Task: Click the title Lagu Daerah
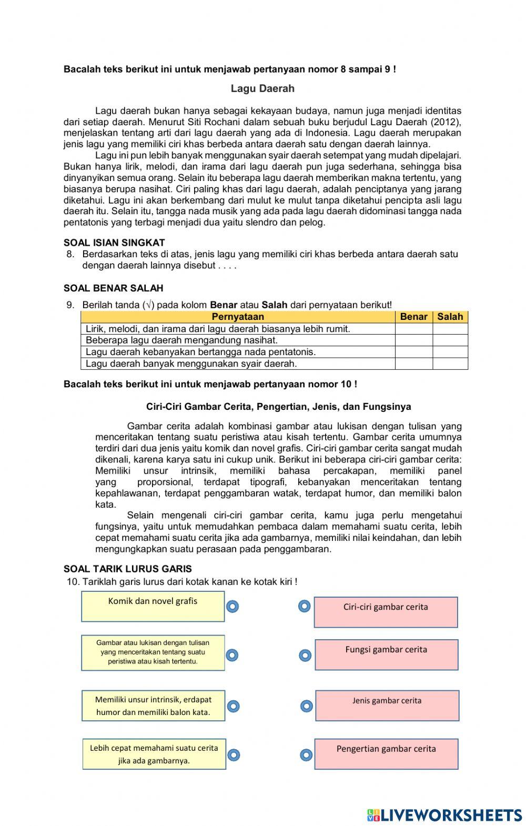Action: [x=262, y=88]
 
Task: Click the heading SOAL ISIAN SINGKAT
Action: [x=114, y=243]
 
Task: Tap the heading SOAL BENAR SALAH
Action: [x=113, y=288]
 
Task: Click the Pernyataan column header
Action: [x=238, y=317]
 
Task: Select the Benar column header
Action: [x=413, y=317]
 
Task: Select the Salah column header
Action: [x=450, y=317]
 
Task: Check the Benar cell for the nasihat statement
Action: [x=413, y=340]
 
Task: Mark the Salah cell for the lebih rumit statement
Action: [x=450, y=329]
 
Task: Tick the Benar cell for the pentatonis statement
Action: [x=413, y=352]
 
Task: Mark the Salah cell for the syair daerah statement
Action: [x=450, y=364]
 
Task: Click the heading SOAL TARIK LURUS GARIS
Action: [x=127, y=569]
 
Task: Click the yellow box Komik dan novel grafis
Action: [x=153, y=606]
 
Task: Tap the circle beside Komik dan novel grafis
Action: [x=232, y=607]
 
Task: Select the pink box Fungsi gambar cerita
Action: [x=386, y=654]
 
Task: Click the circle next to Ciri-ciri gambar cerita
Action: [x=304, y=607]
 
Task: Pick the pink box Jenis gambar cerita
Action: [x=387, y=706]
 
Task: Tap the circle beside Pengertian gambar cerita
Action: [x=306, y=756]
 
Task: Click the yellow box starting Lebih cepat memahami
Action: [x=154, y=754]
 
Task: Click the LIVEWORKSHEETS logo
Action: [x=444, y=815]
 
